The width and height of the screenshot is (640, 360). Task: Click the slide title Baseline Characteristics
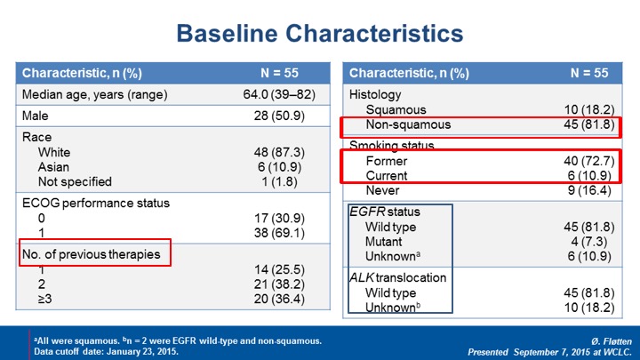[320, 34]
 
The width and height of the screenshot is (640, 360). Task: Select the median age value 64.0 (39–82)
[279, 95]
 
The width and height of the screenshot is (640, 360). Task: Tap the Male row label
[35, 116]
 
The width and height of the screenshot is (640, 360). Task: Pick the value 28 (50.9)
[279, 116]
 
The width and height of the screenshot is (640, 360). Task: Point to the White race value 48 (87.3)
[279, 152]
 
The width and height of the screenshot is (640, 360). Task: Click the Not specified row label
[75, 181]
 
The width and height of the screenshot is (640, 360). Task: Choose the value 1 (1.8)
[279, 181]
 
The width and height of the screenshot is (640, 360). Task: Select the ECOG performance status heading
[95, 204]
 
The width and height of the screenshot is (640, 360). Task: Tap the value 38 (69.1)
[279, 233]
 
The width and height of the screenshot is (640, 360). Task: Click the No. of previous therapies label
[91, 254]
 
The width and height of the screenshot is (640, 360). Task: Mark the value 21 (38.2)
[279, 284]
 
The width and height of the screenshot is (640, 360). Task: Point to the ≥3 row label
[45, 299]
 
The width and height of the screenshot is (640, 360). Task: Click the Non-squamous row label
[408, 124]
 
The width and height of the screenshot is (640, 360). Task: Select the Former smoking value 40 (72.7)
[589, 161]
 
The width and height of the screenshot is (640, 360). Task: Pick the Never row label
[382, 190]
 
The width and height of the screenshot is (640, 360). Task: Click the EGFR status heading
[385, 212]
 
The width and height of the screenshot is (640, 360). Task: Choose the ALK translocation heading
[397, 277]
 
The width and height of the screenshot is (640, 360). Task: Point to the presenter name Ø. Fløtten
[611, 341]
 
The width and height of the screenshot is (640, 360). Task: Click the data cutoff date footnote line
[106, 351]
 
